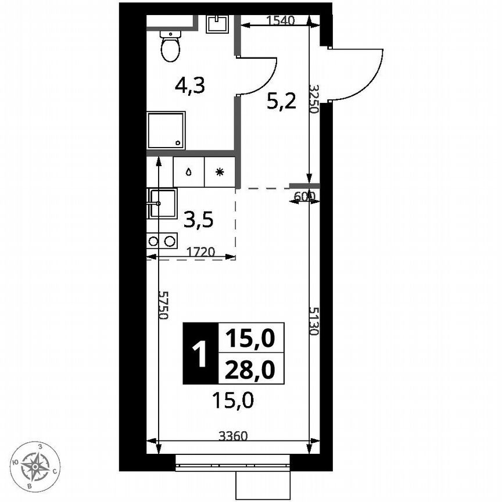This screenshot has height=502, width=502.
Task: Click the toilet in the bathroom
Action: coord(171,45)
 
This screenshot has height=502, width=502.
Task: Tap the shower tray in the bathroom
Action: coord(166,130)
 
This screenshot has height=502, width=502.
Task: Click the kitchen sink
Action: coord(162,203)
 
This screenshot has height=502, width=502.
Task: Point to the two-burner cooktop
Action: coord(162,241)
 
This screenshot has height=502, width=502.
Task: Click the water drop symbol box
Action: coord(189,172)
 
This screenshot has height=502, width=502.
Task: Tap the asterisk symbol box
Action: coord(219,172)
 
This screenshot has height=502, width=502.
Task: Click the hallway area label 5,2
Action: coord(281,102)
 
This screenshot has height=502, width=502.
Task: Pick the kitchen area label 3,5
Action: coord(199,220)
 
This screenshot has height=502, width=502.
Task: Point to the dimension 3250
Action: coord(314,99)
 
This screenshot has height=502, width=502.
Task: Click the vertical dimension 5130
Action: coord(314,321)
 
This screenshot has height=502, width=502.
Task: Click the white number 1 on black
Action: coord(200,353)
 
